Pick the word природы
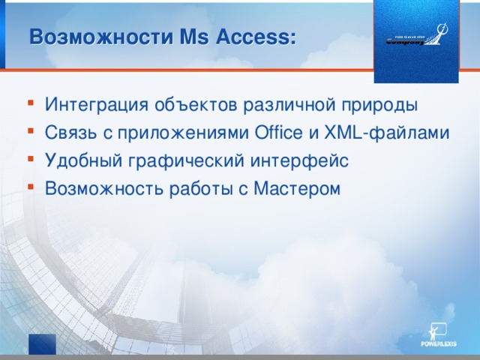tap(375, 103)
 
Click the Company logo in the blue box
tap(416, 37)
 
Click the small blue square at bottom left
tap(42, 343)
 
